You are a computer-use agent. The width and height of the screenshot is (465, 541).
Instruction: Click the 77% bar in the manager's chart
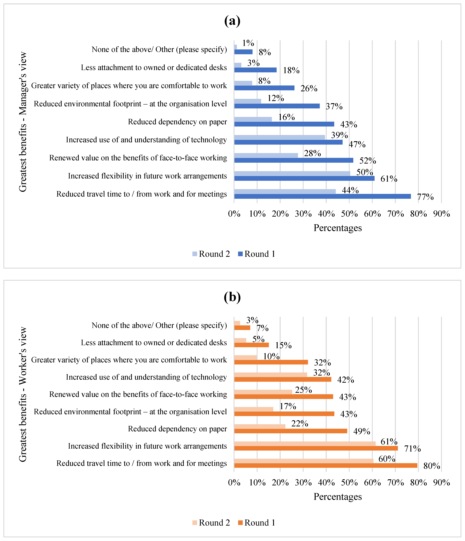322,196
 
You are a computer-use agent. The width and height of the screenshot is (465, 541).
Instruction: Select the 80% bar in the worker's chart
326,465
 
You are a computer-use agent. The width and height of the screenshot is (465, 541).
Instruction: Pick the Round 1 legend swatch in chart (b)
240,523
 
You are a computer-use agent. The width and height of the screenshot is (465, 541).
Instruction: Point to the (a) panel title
232,21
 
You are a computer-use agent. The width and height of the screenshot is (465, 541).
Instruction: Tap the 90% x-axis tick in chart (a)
441,214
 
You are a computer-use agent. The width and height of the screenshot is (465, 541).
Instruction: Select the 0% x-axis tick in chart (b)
234,482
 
